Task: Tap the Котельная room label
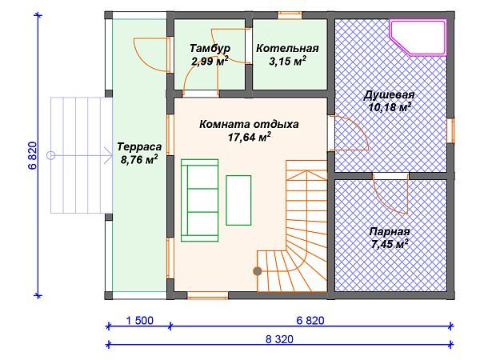click(281, 48)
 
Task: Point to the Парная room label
click(390, 231)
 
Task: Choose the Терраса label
click(138, 147)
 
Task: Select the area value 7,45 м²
click(390, 243)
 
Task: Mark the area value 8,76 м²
click(138, 159)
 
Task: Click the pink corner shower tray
click(417, 36)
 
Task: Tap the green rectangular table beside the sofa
click(238, 199)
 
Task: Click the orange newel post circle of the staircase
click(258, 271)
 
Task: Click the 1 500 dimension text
click(138, 321)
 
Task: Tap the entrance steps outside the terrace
click(78, 154)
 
